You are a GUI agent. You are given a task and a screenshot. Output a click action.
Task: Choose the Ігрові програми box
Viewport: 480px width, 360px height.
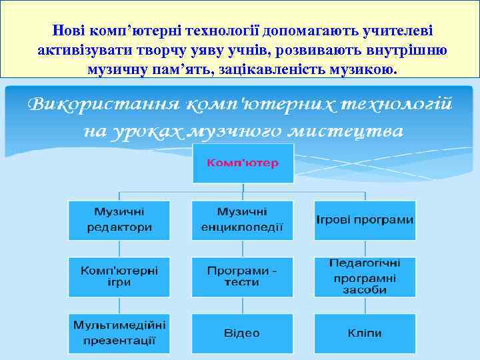[365, 220]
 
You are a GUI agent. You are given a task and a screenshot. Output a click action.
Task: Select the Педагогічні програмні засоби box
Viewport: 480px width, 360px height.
[365, 277]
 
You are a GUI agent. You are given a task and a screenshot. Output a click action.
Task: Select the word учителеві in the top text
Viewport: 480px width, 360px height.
[397, 31]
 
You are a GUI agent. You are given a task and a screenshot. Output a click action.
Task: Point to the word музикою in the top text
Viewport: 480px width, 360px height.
[367, 69]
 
